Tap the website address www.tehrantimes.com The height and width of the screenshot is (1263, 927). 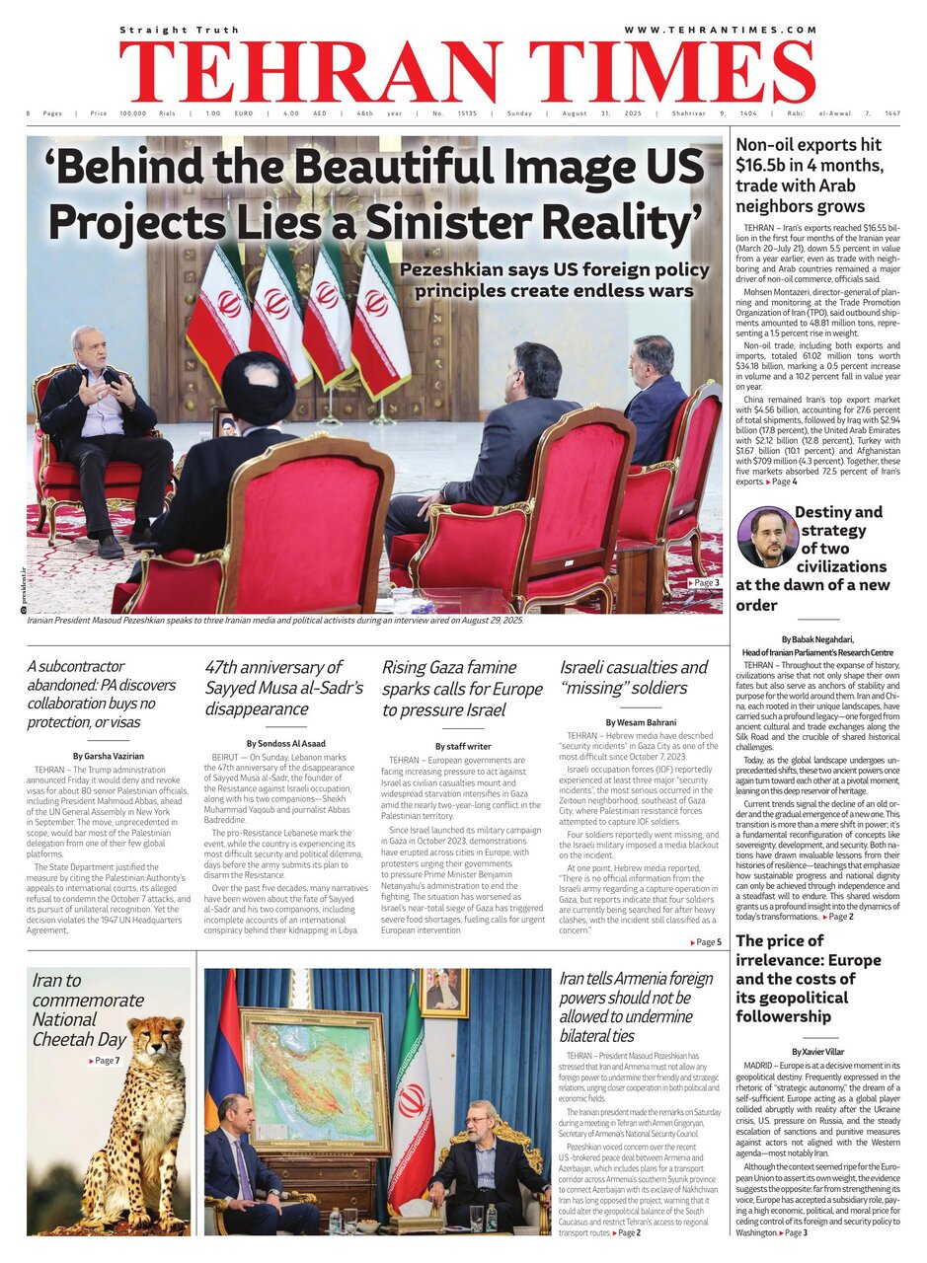(720, 31)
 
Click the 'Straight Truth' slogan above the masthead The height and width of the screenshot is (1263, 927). (180, 31)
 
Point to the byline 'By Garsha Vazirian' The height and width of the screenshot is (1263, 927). (108, 755)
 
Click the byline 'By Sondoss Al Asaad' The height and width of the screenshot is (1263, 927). (284, 742)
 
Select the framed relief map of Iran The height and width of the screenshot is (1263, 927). (315, 1078)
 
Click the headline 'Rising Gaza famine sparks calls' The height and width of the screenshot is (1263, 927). (462, 689)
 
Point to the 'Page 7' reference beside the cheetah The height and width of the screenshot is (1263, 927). (105, 1061)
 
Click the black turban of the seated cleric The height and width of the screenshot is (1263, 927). (258, 387)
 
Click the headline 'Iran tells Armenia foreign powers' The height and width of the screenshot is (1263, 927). (635, 1006)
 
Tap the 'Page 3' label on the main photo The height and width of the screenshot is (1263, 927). (703, 583)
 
